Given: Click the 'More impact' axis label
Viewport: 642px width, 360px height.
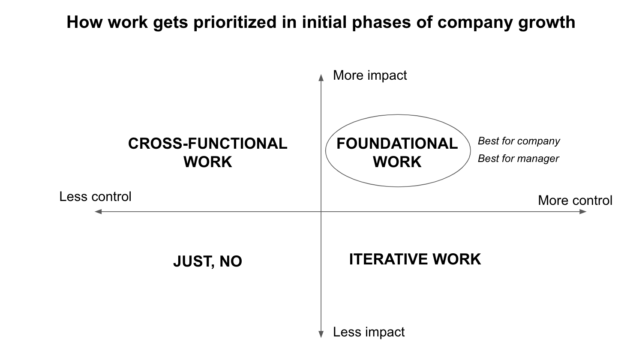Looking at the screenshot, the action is (370, 75).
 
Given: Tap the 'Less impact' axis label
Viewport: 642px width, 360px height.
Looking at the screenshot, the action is (369, 332).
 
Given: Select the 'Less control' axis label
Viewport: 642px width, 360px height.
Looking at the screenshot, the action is (95, 197).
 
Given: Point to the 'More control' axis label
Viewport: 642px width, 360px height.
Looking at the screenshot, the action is (575, 200).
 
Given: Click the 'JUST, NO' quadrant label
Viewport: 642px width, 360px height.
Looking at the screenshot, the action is (207, 261).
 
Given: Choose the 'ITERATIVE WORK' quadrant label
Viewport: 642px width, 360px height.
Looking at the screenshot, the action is (415, 259).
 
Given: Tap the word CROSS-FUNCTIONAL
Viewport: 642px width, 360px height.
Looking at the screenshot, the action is (207, 144).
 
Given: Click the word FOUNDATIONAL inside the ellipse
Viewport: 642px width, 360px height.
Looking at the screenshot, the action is (397, 144).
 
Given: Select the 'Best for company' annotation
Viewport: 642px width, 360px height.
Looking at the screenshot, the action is (519, 141).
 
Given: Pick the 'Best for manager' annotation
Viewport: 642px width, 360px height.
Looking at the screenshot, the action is (519, 159).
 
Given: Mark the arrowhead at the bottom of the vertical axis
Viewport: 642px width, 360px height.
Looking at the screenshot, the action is (321, 334).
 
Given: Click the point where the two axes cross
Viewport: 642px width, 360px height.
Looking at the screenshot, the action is (321, 212).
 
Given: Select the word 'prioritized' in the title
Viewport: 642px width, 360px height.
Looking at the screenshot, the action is (235, 22).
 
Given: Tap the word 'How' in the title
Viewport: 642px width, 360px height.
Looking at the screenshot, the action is (84, 22).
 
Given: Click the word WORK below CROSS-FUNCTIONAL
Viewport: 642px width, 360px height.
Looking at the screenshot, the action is (208, 162).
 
